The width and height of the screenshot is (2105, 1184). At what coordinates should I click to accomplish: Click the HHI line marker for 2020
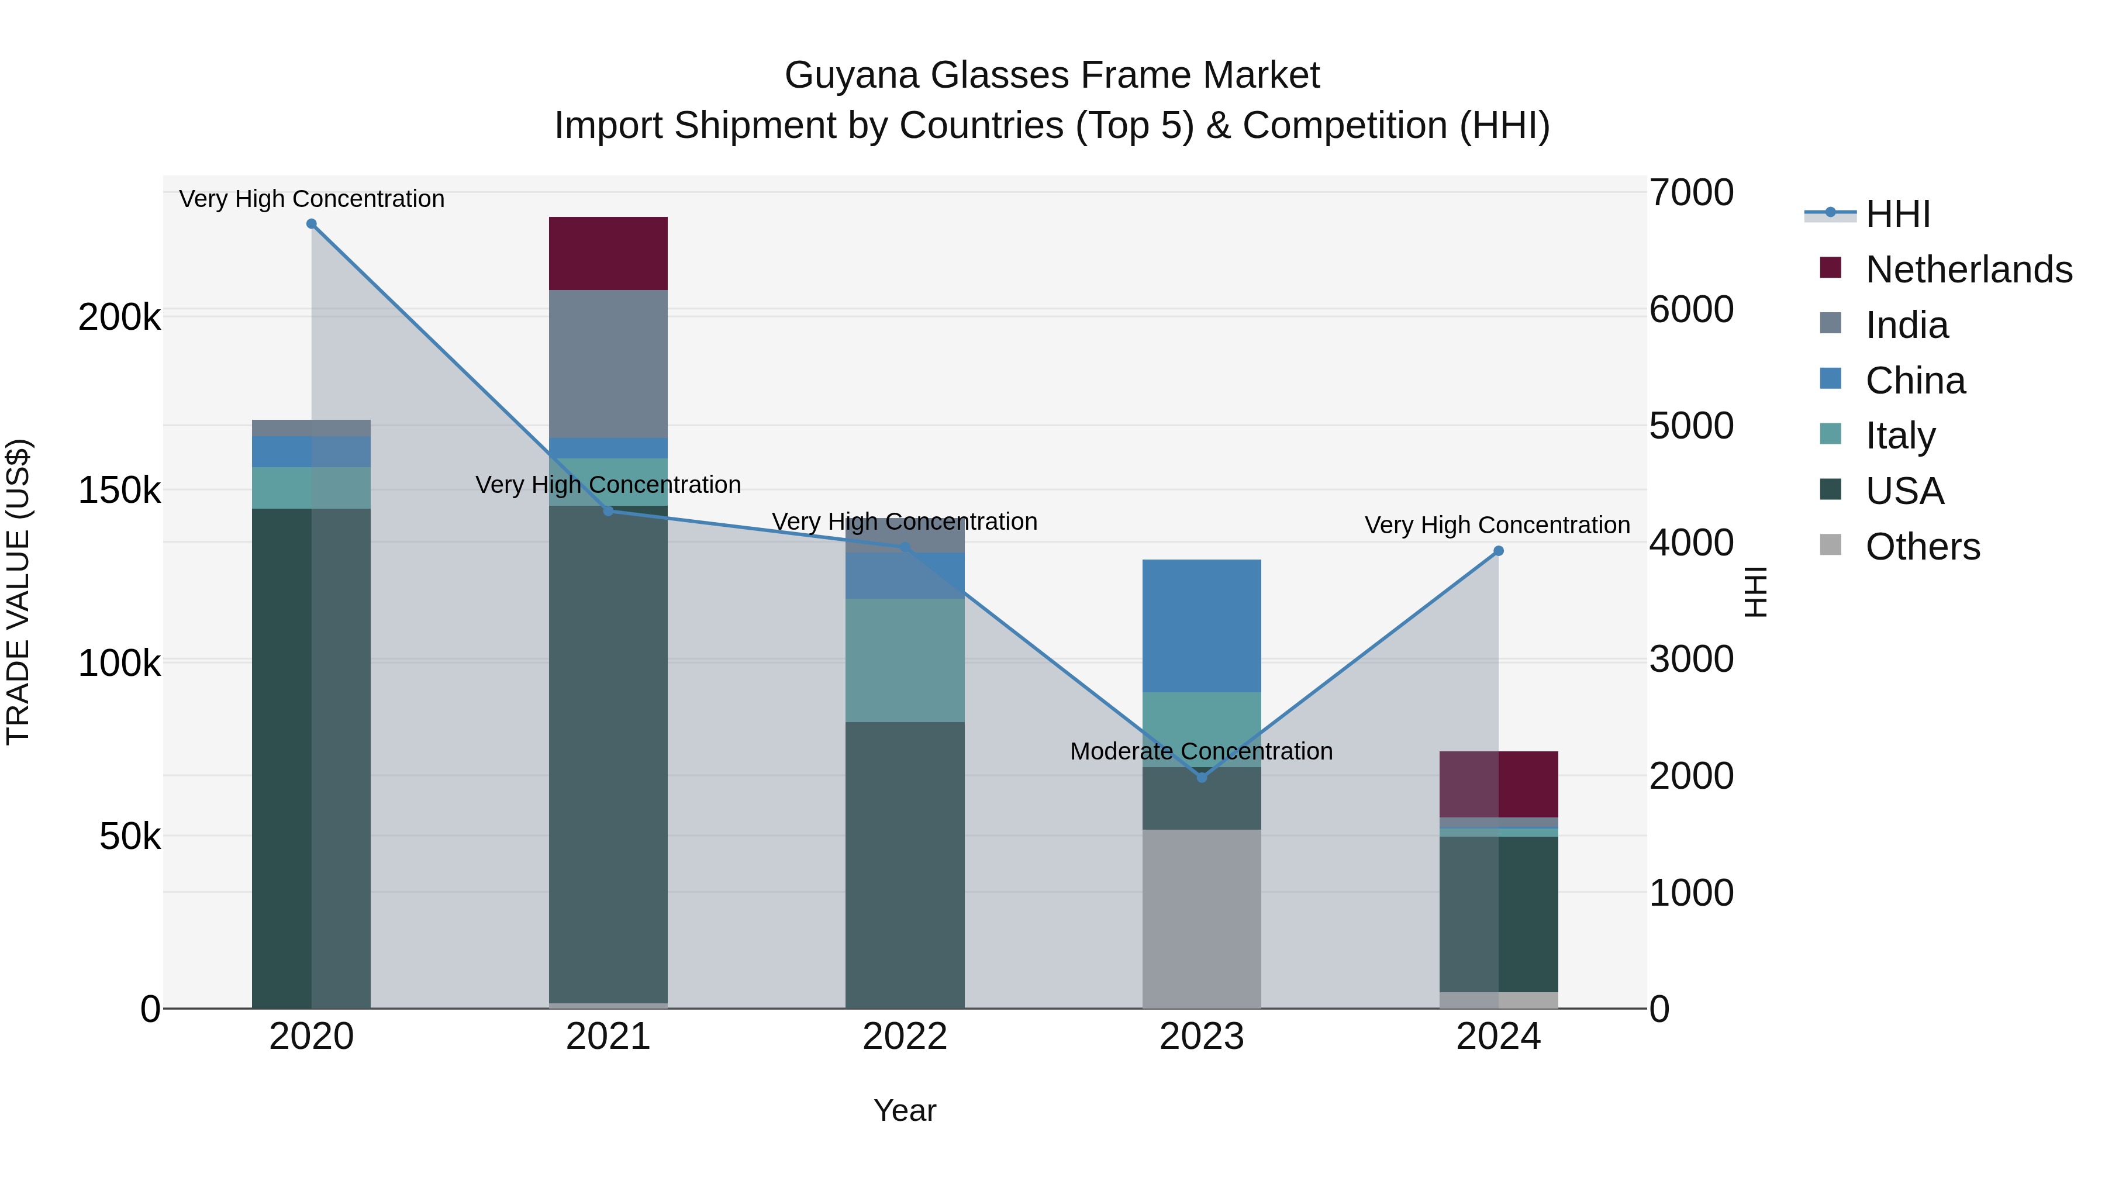pos(311,224)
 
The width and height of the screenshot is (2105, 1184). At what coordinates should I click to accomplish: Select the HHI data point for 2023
pos(1201,777)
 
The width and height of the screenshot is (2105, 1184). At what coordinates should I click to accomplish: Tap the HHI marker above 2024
pos(1499,551)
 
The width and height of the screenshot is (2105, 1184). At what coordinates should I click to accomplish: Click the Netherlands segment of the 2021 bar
pos(608,253)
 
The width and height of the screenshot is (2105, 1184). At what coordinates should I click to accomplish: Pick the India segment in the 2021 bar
pos(608,364)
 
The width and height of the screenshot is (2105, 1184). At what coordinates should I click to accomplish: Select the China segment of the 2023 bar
pos(1201,625)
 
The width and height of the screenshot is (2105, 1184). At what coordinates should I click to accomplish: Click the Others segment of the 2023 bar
pos(1201,919)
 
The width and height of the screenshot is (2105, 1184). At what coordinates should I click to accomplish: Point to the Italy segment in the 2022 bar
pos(905,660)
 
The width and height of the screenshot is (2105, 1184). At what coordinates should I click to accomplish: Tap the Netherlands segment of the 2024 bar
pos(1499,783)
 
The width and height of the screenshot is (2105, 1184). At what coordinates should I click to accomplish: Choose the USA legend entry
pos(1904,491)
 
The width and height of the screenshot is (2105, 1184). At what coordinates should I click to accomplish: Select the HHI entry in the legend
pos(1897,214)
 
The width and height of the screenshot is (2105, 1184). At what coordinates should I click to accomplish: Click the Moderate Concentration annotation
pos(1201,751)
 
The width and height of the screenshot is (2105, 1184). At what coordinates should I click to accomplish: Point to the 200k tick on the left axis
pos(119,317)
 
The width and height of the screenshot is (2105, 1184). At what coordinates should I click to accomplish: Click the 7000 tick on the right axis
pos(1690,193)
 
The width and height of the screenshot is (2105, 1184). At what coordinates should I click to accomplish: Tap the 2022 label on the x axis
pos(905,1037)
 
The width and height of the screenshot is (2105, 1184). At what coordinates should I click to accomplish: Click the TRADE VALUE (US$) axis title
pos(19,592)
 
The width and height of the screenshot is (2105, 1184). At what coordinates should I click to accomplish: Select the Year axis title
pos(905,1110)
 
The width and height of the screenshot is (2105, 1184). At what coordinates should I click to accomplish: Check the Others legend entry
pos(1922,547)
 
